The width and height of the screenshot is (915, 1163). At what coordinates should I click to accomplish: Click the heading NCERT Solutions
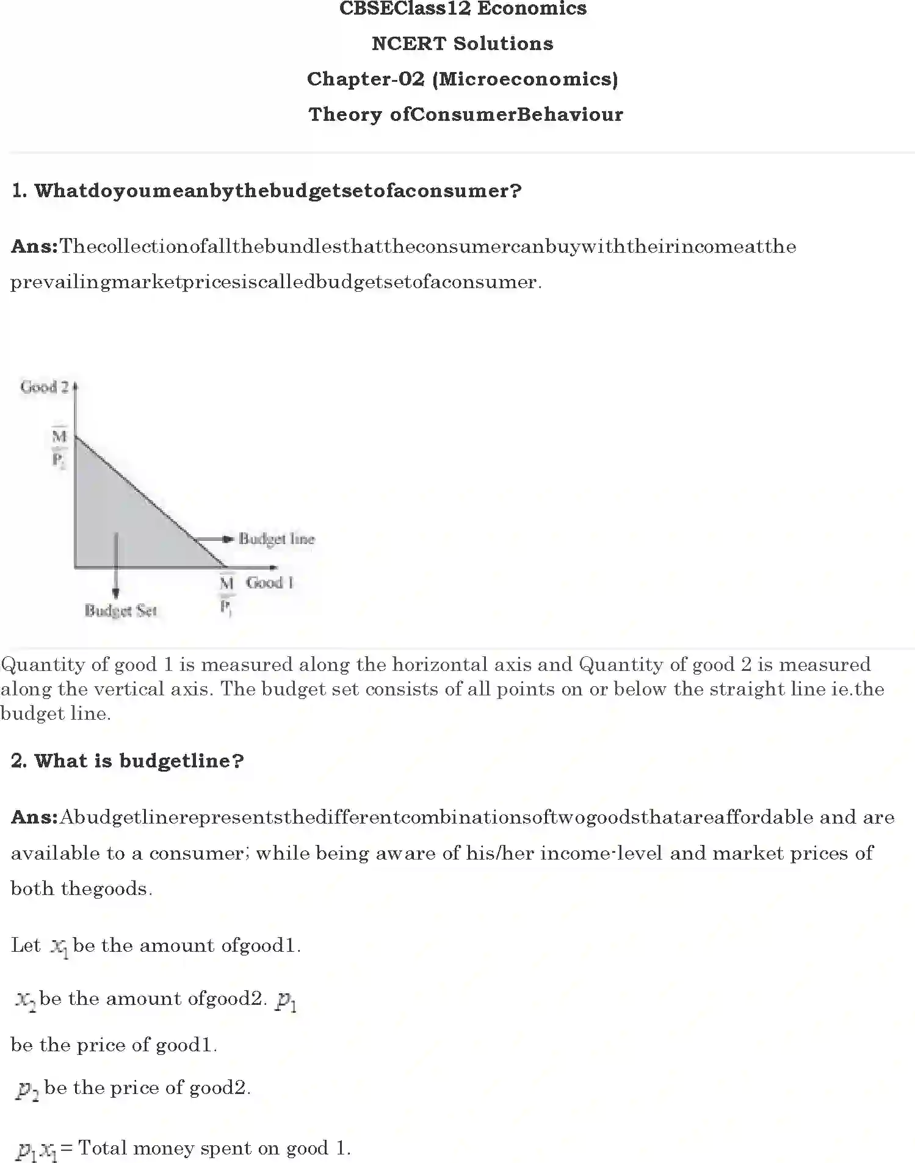(462, 44)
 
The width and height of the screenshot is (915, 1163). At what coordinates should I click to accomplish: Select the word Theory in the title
(344, 115)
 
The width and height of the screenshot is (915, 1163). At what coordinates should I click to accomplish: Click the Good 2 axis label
(45, 387)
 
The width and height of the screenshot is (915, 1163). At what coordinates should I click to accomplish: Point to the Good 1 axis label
(269, 582)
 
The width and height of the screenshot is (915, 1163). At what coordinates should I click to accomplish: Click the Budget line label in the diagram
(277, 539)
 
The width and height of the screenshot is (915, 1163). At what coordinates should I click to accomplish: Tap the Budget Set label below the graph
(120, 610)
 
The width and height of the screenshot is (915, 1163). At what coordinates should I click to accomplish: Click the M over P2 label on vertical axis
(59, 447)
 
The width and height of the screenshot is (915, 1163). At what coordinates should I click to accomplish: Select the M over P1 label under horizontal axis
(226, 594)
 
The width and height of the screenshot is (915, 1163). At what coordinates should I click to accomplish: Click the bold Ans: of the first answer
(34, 247)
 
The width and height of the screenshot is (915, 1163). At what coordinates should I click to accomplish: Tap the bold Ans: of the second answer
(34, 817)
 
